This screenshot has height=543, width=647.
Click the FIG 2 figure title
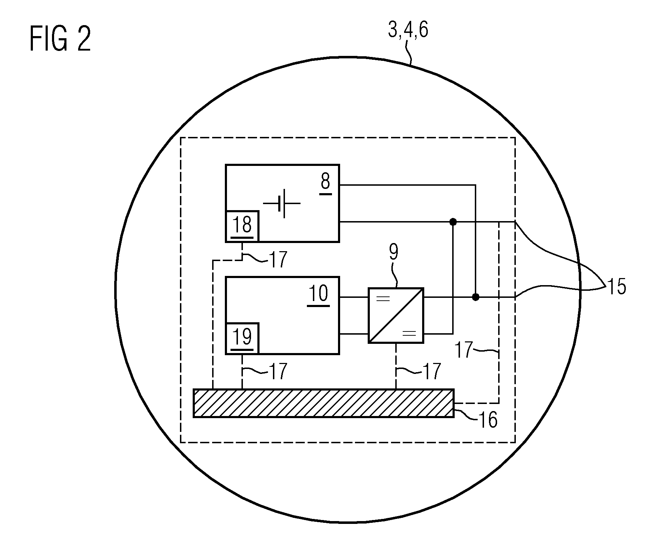[x=60, y=39]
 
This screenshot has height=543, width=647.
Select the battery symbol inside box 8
[x=282, y=203]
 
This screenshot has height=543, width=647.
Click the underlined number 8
[x=325, y=183]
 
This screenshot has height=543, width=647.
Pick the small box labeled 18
[x=242, y=226]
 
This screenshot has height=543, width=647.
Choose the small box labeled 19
[x=242, y=338]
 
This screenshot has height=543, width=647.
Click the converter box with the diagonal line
[x=396, y=316]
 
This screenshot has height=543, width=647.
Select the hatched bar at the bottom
[x=323, y=403]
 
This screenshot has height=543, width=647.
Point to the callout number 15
[x=616, y=287]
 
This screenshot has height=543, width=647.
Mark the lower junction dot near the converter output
[x=476, y=297]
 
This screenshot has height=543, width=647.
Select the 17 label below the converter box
[x=431, y=371]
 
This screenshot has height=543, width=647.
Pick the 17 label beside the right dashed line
[x=464, y=350]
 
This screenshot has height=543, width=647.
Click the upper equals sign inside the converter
[x=383, y=299]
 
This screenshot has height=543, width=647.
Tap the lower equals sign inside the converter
[x=409, y=333]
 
